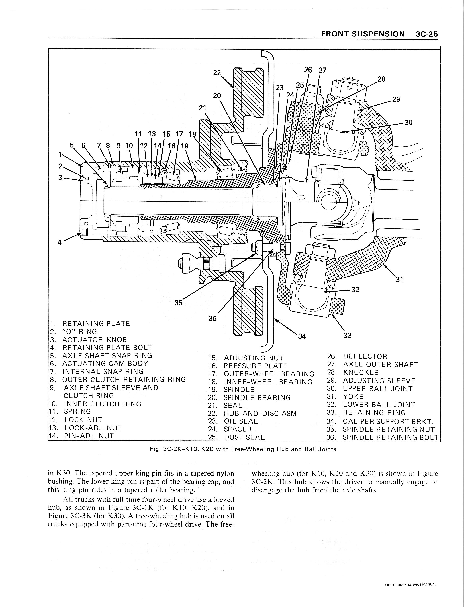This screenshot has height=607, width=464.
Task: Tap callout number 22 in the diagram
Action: [x=217, y=73]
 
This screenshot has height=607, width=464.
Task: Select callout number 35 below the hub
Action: [x=179, y=303]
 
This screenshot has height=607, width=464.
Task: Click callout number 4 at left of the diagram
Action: [x=59, y=242]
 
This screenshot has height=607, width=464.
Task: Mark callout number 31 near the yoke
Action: [x=399, y=280]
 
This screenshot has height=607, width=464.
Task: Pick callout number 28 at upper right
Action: [x=381, y=79]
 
